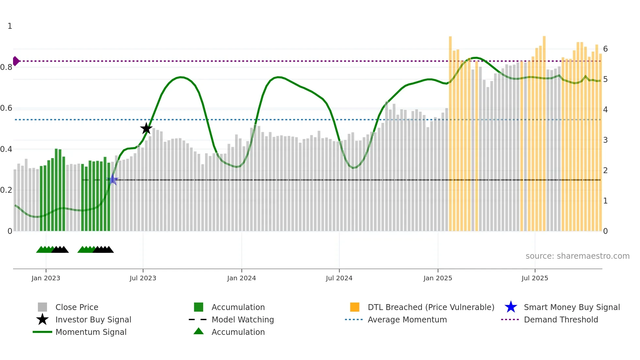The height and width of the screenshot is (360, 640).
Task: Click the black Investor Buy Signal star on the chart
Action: (x=146, y=128)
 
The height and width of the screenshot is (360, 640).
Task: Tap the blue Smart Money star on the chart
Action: (x=113, y=180)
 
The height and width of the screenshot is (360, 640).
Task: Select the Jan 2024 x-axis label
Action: (x=241, y=278)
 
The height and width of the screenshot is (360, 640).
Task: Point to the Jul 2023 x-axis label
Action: (x=143, y=278)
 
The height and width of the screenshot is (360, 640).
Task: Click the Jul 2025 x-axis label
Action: (x=535, y=278)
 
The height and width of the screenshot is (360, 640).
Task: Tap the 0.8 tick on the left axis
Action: (x=7, y=67)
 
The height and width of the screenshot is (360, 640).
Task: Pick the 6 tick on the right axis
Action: (x=605, y=49)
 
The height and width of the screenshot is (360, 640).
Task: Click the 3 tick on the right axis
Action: (x=605, y=140)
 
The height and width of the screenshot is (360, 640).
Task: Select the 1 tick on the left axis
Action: (x=10, y=26)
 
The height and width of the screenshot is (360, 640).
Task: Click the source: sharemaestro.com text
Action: (x=577, y=256)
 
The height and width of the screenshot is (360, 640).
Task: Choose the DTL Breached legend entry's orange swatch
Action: (x=355, y=307)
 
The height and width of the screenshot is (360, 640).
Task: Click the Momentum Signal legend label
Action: (x=91, y=332)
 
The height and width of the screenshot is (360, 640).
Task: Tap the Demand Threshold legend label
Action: (x=561, y=319)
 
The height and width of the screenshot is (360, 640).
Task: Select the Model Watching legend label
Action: (x=243, y=319)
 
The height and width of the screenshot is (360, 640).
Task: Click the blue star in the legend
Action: (x=511, y=307)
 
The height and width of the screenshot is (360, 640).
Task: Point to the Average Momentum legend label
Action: (x=407, y=319)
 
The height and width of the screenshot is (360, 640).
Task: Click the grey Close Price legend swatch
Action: (x=42, y=307)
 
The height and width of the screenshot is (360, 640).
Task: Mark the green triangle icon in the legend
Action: (x=199, y=331)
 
